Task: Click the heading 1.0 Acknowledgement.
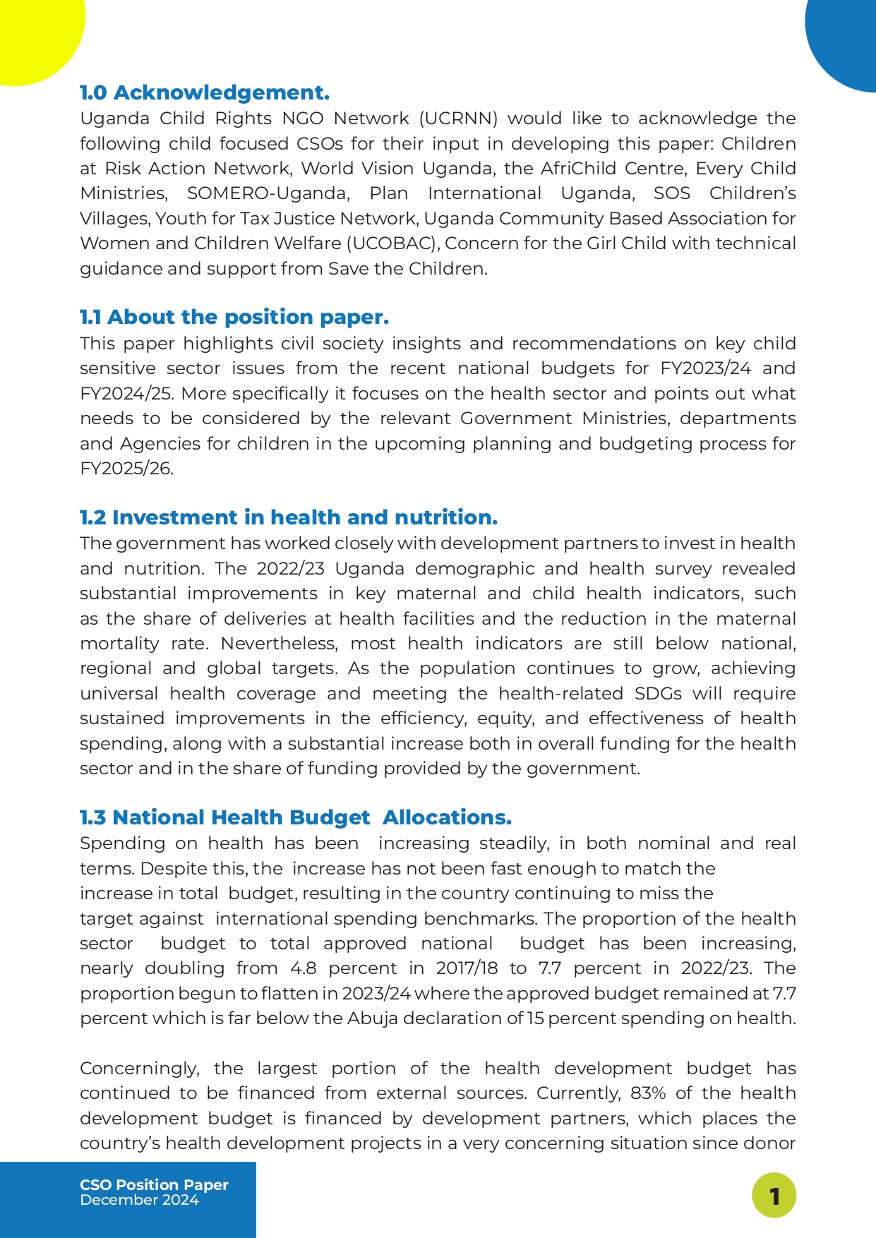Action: click(205, 92)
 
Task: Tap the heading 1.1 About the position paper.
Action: click(234, 317)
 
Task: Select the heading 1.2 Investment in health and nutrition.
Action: click(288, 517)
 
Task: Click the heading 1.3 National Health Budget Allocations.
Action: click(295, 817)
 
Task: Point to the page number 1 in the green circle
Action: click(774, 1196)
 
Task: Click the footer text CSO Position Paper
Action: click(154, 1185)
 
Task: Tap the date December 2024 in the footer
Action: click(139, 1200)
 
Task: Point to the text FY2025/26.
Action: click(126, 469)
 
